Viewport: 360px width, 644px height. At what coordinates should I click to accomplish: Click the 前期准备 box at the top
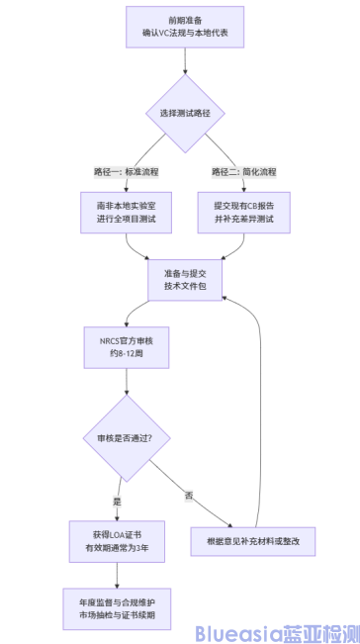(x=185, y=26)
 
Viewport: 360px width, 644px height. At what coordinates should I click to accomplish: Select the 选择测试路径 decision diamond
(x=185, y=113)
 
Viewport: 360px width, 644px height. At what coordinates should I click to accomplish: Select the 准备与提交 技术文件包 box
(x=185, y=277)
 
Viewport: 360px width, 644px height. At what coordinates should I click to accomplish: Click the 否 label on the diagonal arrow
(x=187, y=494)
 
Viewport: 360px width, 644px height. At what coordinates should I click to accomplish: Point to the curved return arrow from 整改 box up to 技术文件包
(x=260, y=396)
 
